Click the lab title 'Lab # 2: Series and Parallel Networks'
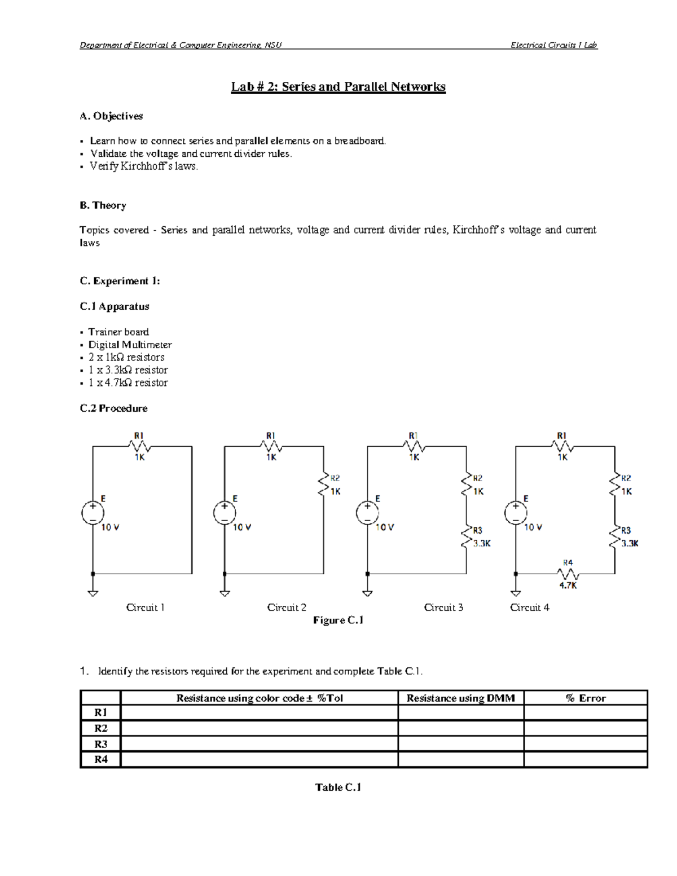pyautogui.click(x=338, y=87)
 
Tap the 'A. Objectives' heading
pyautogui.click(x=111, y=116)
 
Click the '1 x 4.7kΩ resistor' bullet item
pyautogui.click(x=128, y=382)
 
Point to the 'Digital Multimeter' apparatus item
pyautogui.click(x=130, y=345)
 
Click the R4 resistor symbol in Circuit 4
pyautogui.click(x=568, y=574)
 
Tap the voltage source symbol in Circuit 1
pyautogui.click(x=93, y=513)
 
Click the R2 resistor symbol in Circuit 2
pyautogui.click(x=324, y=485)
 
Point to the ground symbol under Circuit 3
pyautogui.click(x=367, y=593)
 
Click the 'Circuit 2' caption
pyautogui.click(x=287, y=608)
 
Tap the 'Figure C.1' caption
pyautogui.click(x=338, y=620)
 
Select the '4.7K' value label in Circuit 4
pyautogui.click(x=568, y=586)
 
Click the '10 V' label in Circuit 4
pyautogui.click(x=533, y=527)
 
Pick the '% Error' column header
pyautogui.click(x=586, y=698)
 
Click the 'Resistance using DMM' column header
pyautogui.click(x=460, y=698)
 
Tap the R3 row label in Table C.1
pyautogui.click(x=100, y=744)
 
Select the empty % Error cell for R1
pyautogui.click(x=586, y=713)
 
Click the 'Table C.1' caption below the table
pyautogui.click(x=338, y=787)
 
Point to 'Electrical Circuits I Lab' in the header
pyautogui.click(x=553, y=45)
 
